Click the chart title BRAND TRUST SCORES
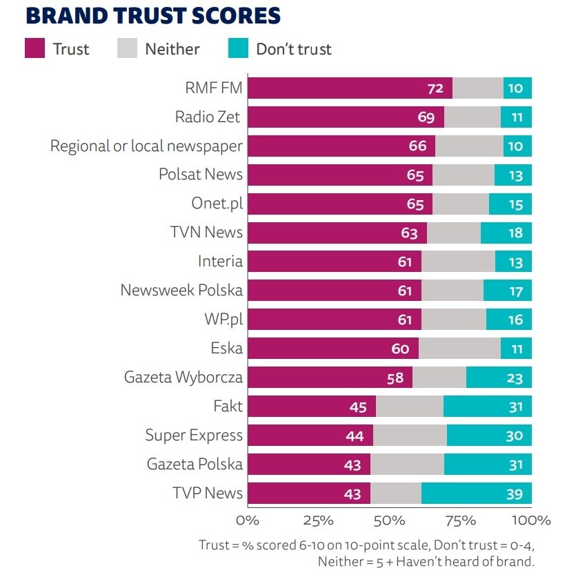point(153,16)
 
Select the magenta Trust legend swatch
point(34,49)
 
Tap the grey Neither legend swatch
point(127,49)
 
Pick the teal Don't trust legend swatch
point(238,49)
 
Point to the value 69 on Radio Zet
point(426,117)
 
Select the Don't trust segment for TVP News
point(476,494)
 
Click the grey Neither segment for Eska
point(459,349)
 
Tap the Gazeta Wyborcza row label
point(183,378)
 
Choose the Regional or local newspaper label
point(146,146)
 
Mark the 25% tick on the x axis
point(318,520)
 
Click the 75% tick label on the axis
point(460,520)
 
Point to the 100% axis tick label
point(530,520)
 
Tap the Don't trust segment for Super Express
point(489,436)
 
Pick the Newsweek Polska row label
point(181,291)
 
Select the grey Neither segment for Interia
point(458,262)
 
